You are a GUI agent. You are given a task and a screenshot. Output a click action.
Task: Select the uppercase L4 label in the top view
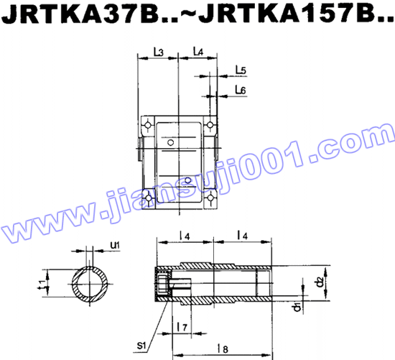click(199, 52)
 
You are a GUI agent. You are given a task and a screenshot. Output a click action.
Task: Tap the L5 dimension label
click(241, 70)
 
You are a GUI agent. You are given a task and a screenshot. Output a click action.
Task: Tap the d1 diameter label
click(297, 308)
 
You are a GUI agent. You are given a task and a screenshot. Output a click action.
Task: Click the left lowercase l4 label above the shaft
click(184, 236)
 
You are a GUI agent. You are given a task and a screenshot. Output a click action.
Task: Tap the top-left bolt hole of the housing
click(147, 126)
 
